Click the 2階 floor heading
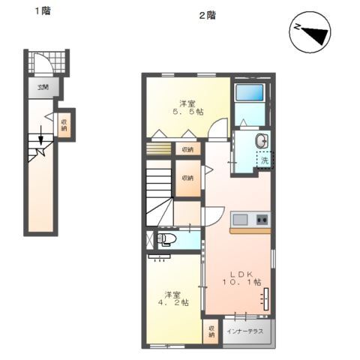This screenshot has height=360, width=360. coord(207,15)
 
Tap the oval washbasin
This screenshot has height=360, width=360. coord(262,141)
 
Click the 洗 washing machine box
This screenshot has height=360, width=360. coord(264,160)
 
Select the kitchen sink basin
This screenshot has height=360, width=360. coord(241,220)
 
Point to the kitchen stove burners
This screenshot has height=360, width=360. coord(262,220)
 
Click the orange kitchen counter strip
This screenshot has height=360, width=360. coord(250,230)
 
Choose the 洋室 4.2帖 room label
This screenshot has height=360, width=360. coord(172,298)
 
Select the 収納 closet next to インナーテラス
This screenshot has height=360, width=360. coord(212,331)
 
